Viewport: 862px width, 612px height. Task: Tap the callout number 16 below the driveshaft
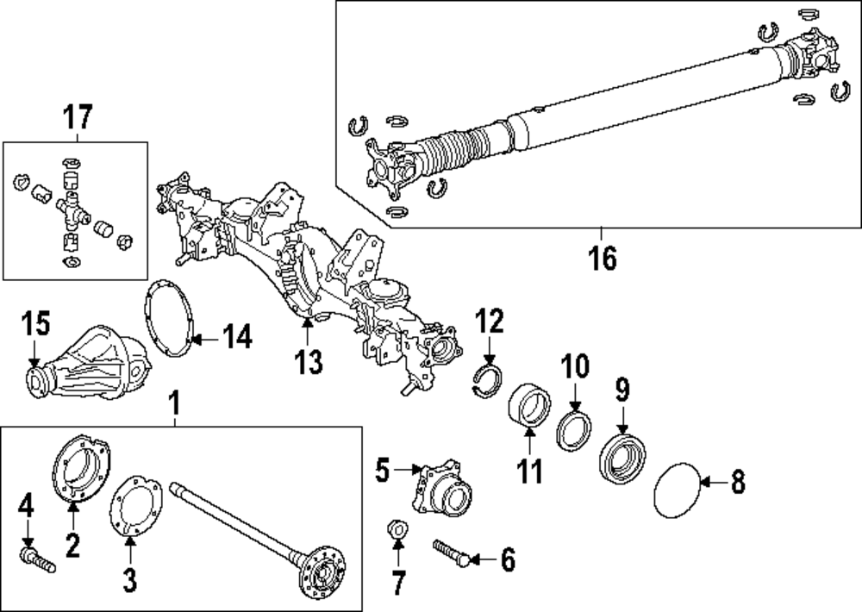pyautogui.click(x=603, y=258)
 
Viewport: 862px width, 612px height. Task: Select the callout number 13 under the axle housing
pyautogui.click(x=308, y=361)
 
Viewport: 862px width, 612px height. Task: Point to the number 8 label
pyautogui.click(x=737, y=483)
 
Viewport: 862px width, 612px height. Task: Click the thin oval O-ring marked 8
pyautogui.click(x=678, y=491)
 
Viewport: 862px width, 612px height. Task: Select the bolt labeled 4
pyautogui.click(x=36, y=560)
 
